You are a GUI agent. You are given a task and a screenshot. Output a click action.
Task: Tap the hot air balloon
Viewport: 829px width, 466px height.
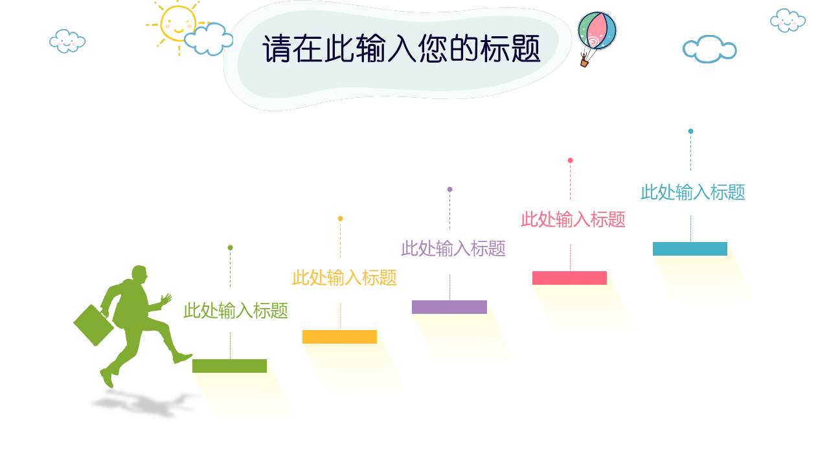pyautogui.click(x=596, y=31)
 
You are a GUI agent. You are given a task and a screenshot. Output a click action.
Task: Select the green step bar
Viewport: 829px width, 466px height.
pyautogui.click(x=229, y=366)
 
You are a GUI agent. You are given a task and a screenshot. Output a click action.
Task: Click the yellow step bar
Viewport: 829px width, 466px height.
pyautogui.click(x=339, y=337)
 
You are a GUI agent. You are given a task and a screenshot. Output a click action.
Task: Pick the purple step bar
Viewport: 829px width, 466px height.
pyautogui.click(x=449, y=307)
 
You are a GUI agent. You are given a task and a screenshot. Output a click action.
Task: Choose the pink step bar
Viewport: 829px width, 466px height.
pyautogui.click(x=569, y=278)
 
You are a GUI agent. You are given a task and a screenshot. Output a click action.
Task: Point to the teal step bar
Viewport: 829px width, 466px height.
pyautogui.click(x=690, y=249)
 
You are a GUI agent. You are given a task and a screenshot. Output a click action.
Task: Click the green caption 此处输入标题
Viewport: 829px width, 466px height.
pyautogui.click(x=236, y=311)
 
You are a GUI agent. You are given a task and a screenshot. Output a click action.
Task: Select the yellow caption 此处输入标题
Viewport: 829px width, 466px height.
pyautogui.click(x=345, y=278)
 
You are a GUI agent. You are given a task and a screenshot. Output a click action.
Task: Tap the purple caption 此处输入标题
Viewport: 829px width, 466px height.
pyautogui.click(x=453, y=248)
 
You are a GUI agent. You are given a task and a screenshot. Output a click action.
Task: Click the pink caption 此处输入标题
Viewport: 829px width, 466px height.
pyautogui.click(x=573, y=219)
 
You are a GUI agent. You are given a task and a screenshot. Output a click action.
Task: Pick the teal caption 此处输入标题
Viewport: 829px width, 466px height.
pyautogui.click(x=693, y=192)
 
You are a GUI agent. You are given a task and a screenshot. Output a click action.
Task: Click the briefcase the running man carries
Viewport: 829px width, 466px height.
pyautogui.click(x=93, y=324)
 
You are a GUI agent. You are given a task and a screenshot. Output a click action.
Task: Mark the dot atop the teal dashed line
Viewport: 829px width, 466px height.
pyautogui.click(x=690, y=131)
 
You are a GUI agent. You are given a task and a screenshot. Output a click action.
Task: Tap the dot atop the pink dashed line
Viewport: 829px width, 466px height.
pyautogui.click(x=570, y=161)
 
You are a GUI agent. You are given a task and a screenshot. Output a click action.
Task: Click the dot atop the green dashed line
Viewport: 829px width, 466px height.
pyautogui.click(x=230, y=248)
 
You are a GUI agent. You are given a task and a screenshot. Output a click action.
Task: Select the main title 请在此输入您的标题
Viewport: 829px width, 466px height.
pyautogui.click(x=402, y=49)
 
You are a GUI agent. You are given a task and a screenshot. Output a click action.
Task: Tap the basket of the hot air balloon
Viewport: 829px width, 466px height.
pyautogui.click(x=584, y=63)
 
